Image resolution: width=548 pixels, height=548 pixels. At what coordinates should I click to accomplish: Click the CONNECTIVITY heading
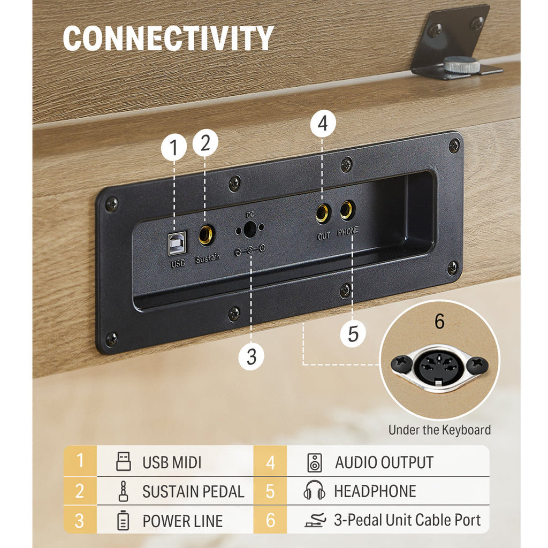tap(168, 38)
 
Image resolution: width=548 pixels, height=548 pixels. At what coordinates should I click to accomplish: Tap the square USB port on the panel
tap(177, 242)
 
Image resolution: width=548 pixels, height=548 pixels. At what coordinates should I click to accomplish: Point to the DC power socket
tap(249, 229)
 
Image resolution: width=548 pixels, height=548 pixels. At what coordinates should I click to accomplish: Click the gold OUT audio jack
tap(322, 214)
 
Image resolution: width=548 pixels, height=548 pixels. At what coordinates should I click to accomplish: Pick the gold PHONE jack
tap(347, 210)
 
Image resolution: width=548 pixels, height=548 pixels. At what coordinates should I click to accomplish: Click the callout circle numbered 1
tap(174, 148)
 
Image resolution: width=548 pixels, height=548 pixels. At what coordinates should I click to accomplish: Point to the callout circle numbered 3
tap(252, 357)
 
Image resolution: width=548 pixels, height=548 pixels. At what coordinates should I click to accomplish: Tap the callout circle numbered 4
tap(323, 124)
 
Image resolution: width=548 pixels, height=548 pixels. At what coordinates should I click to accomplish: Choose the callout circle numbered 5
tap(353, 334)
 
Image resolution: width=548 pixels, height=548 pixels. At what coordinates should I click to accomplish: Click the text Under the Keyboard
tap(439, 430)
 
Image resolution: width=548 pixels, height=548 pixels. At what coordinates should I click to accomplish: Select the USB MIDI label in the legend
tap(172, 462)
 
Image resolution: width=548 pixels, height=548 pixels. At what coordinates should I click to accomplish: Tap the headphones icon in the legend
tap(314, 490)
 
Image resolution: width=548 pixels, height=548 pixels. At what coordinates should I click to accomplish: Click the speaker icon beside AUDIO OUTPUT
tap(315, 462)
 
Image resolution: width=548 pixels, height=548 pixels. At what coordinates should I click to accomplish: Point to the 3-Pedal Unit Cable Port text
tap(407, 520)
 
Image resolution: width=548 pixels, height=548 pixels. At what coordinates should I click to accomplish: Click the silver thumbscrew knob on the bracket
tap(462, 65)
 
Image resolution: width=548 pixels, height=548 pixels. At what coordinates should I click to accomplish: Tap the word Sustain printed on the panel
tap(208, 258)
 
